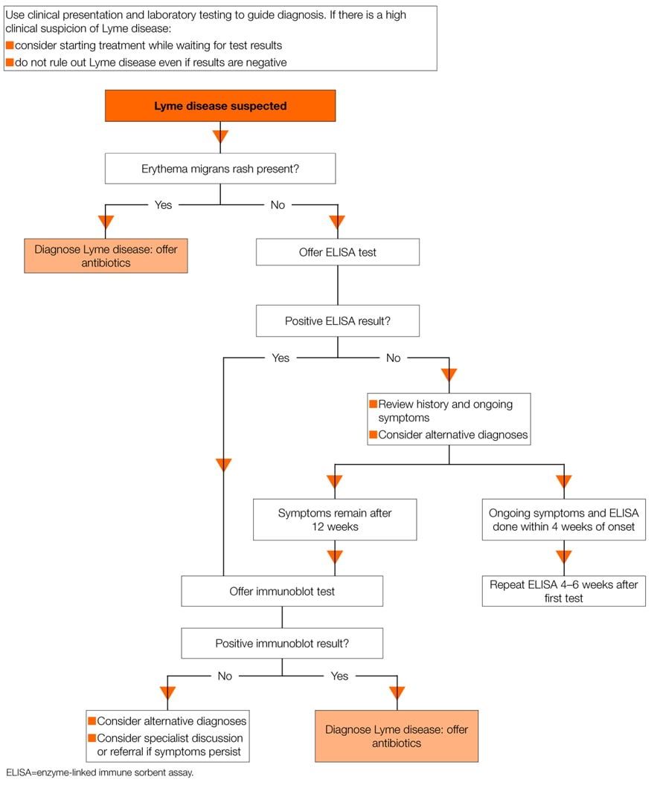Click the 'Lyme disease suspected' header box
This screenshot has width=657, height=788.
(x=220, y=106)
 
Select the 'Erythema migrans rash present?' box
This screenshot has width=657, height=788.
(x=220, y=168)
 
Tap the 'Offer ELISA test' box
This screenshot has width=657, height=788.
(x=338, y=252)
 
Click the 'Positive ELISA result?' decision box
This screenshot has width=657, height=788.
(x=338, y=320)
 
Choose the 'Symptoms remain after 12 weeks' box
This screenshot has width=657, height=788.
(x=335, y=520)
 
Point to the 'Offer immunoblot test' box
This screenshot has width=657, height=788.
(x=282, y=591)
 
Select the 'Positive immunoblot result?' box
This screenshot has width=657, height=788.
(x=282, y=643)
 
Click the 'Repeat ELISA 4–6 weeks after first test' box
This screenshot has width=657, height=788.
(x=564, y=591)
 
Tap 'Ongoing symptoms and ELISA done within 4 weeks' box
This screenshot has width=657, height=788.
(x=564, y=520)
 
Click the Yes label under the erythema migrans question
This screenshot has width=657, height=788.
(x=163, y=205)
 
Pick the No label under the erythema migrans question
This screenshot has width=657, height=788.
(x=278, y=205)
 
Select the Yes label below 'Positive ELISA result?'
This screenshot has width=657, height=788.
(x=281, y=358)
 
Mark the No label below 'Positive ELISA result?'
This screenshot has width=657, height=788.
(x=394, y=358)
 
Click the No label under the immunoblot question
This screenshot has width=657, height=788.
(x=225, y=676)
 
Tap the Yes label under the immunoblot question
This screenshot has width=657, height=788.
(x=339, y=676)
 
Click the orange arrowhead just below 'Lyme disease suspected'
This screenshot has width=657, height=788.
(x=220, y=137)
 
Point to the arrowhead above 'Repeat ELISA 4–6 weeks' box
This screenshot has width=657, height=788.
(x=564, y=557)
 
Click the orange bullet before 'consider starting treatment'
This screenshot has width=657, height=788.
(x=10, y=45)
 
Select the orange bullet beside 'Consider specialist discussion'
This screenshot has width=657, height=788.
(x=92, y=737)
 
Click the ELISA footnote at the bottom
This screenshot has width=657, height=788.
(x=100, y=772)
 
